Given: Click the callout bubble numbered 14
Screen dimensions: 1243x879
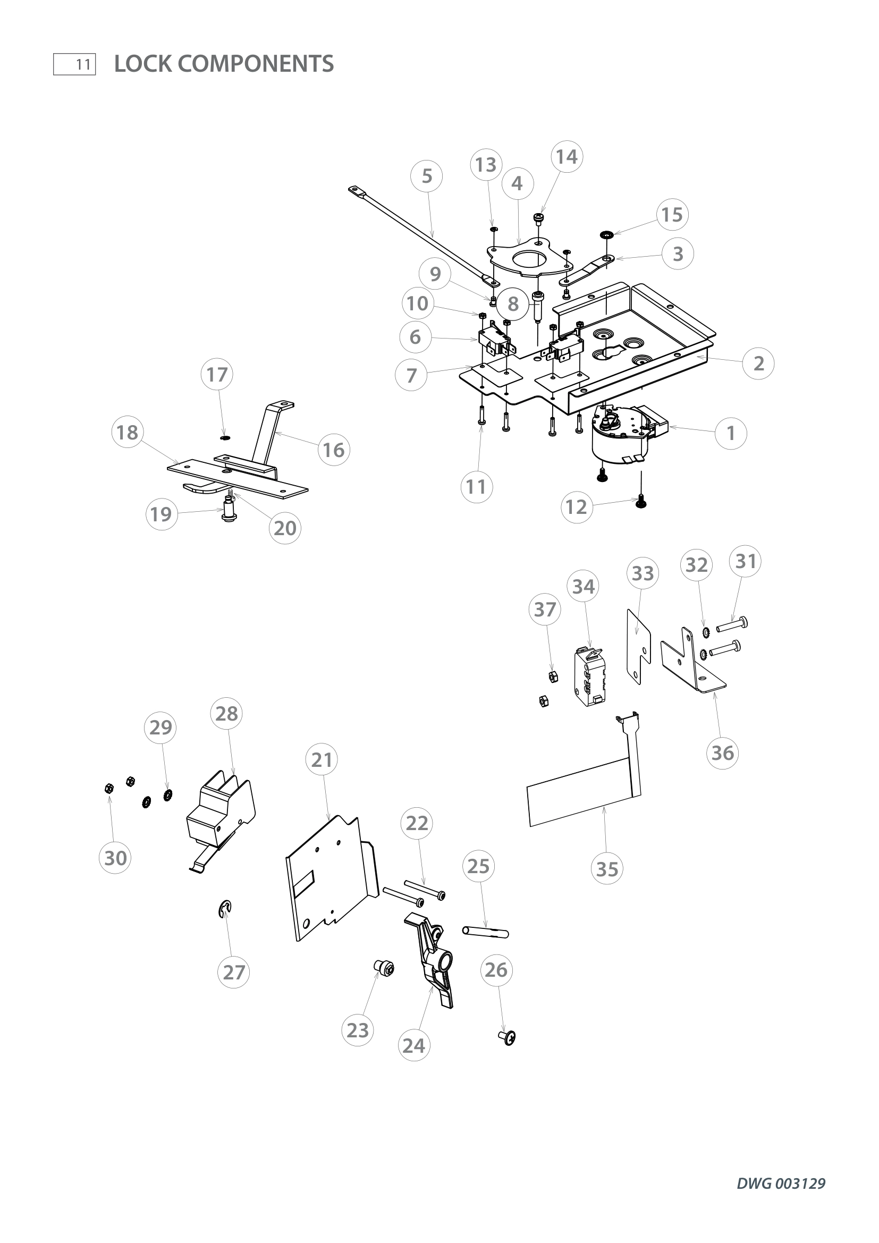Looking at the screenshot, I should [x=567, y=157].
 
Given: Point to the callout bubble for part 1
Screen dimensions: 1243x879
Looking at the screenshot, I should [x=731, y=433].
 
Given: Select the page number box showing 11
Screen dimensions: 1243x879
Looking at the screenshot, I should [x=75, y=64].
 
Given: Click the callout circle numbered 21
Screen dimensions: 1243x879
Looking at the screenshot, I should [x=322, y=760].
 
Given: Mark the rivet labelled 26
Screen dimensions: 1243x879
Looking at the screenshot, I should [x=506, y=1037].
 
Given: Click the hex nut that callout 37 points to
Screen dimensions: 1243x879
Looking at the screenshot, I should [x=553, y=675].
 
